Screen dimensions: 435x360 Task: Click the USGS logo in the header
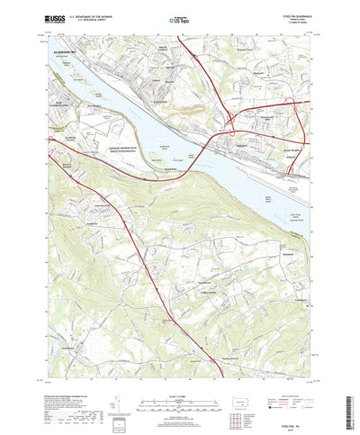click(53, 18)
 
